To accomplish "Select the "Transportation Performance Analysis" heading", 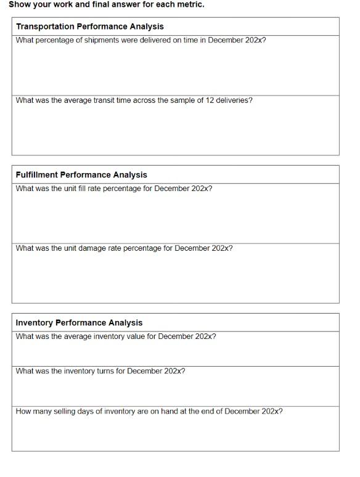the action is tap(90, 26).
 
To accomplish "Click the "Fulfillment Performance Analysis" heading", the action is tap(81, 175).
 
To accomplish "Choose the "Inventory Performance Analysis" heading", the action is tap(79, 323).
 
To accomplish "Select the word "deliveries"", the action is tap(233, 100).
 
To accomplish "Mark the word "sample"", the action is tap(181, 100).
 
